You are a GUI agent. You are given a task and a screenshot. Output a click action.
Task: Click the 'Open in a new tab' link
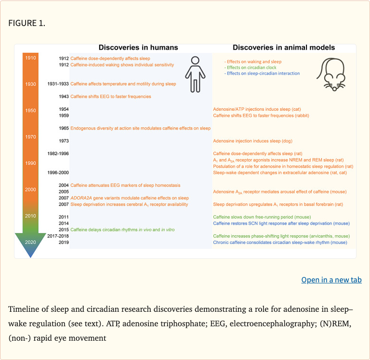(x=331, y=280)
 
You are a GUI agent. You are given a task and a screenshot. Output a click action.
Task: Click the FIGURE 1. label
(x=27, y=23)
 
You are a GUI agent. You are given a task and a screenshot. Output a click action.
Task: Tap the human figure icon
(x=195, y=74)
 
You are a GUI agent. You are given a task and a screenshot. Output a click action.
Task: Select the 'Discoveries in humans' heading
(x=138, y=47)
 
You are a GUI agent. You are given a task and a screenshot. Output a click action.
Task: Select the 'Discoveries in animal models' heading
(x=284, y=47)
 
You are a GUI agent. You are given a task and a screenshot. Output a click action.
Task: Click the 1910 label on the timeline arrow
(x=30, y=58)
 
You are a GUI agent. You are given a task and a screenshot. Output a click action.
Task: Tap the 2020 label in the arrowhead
(x=30, y=242)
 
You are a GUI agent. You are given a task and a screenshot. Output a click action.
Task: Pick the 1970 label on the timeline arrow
(x=30, y=137)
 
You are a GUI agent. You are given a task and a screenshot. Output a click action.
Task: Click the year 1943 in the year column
(x=63, y=96)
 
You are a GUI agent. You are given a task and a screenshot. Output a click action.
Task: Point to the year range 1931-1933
(x=58, y=84)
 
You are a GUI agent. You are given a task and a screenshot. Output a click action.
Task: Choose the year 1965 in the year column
(x=63, y=128)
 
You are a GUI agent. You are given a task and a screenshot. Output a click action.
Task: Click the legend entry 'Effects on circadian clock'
(x=254, y=67)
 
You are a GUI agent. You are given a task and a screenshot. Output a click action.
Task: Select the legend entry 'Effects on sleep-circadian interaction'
(x=262, y=73)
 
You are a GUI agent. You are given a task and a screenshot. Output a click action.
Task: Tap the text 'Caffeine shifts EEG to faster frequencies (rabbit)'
(x=261, y=116)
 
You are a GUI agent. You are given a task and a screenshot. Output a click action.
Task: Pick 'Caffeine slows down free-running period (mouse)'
(x=262, y=217)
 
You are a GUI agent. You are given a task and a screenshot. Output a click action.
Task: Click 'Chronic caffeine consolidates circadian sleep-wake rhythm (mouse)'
(x=280, y=242)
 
